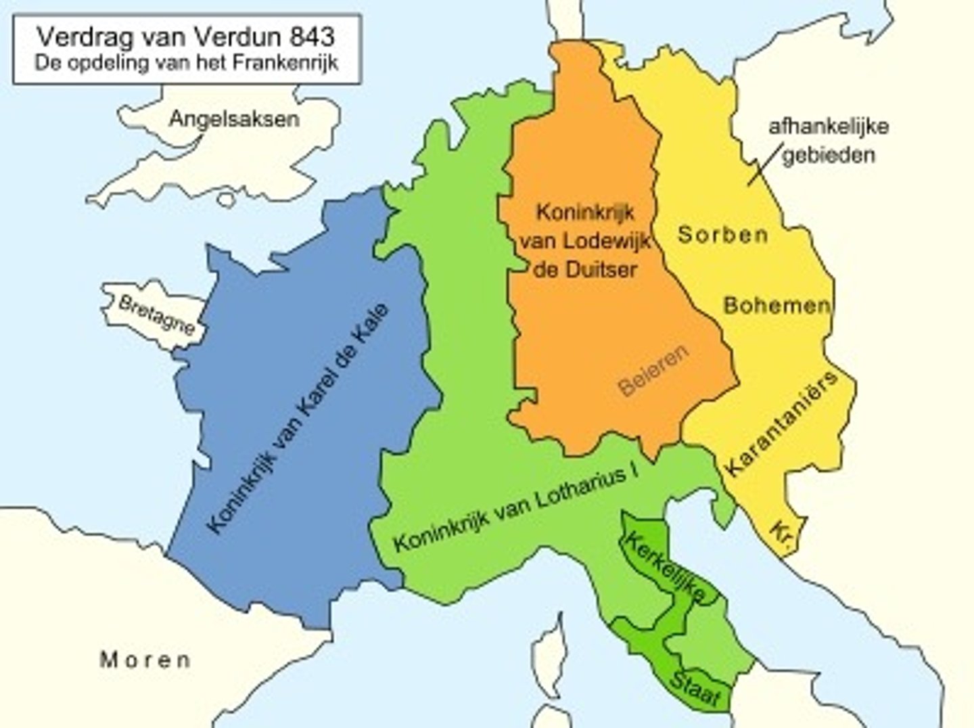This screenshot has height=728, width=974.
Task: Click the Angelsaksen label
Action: pyautogui.click(x=233, y=120)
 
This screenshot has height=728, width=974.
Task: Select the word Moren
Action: pyautogui.click(x=145, y=659)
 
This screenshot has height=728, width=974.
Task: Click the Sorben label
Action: pyautogui.click(x=723, y=235)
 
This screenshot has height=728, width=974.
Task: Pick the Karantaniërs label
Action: pyautogui.click(x=782, y=424)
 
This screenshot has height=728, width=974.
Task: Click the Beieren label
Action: pyautogui.click(x=653, y=370)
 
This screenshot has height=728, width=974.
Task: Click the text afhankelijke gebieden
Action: pyautogui.click(x=829, y=140)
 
